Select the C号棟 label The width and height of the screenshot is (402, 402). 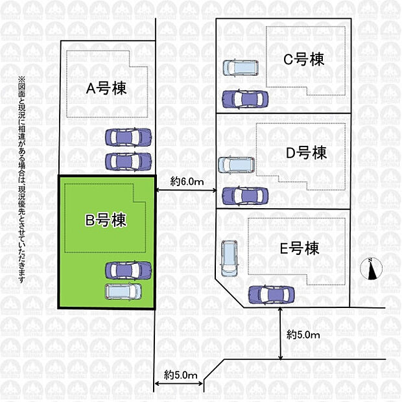tap(304, 59)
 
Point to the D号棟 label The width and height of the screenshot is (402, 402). tap(306, 153)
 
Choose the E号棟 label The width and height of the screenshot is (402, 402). tap(300, 248)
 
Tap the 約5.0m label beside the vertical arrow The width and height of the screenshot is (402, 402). tap(303, 335)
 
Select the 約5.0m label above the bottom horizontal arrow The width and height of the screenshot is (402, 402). tap(179, 375)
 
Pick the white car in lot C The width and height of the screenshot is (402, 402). tap(241, 67)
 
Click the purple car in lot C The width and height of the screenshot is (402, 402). tap(244, 99)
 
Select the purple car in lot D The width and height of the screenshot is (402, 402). tap(244, 195)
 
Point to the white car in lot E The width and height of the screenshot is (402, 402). tap(230, 257)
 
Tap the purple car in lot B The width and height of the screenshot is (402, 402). tap(128, 268)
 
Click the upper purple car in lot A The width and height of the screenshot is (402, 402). tap(128, 137)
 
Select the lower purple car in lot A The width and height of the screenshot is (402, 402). tap(128, 160)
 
